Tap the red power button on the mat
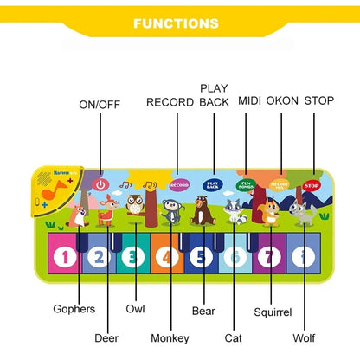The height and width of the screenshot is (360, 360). pyautogui.click(x=101, y=183)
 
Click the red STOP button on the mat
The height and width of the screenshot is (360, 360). pyautogui.click(x=312, y=185)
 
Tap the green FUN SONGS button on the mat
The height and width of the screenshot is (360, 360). pyautogui.click(x=246, y=184)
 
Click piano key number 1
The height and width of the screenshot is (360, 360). pyautogui.click(x=63, y=256)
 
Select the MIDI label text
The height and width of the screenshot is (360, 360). pyautogui.click(x=250, y=101)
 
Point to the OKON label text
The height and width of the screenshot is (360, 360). pyautogui.click(x=282, y=101)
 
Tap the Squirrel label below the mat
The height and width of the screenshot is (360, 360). pyautogui.click(x=273, y=312)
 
